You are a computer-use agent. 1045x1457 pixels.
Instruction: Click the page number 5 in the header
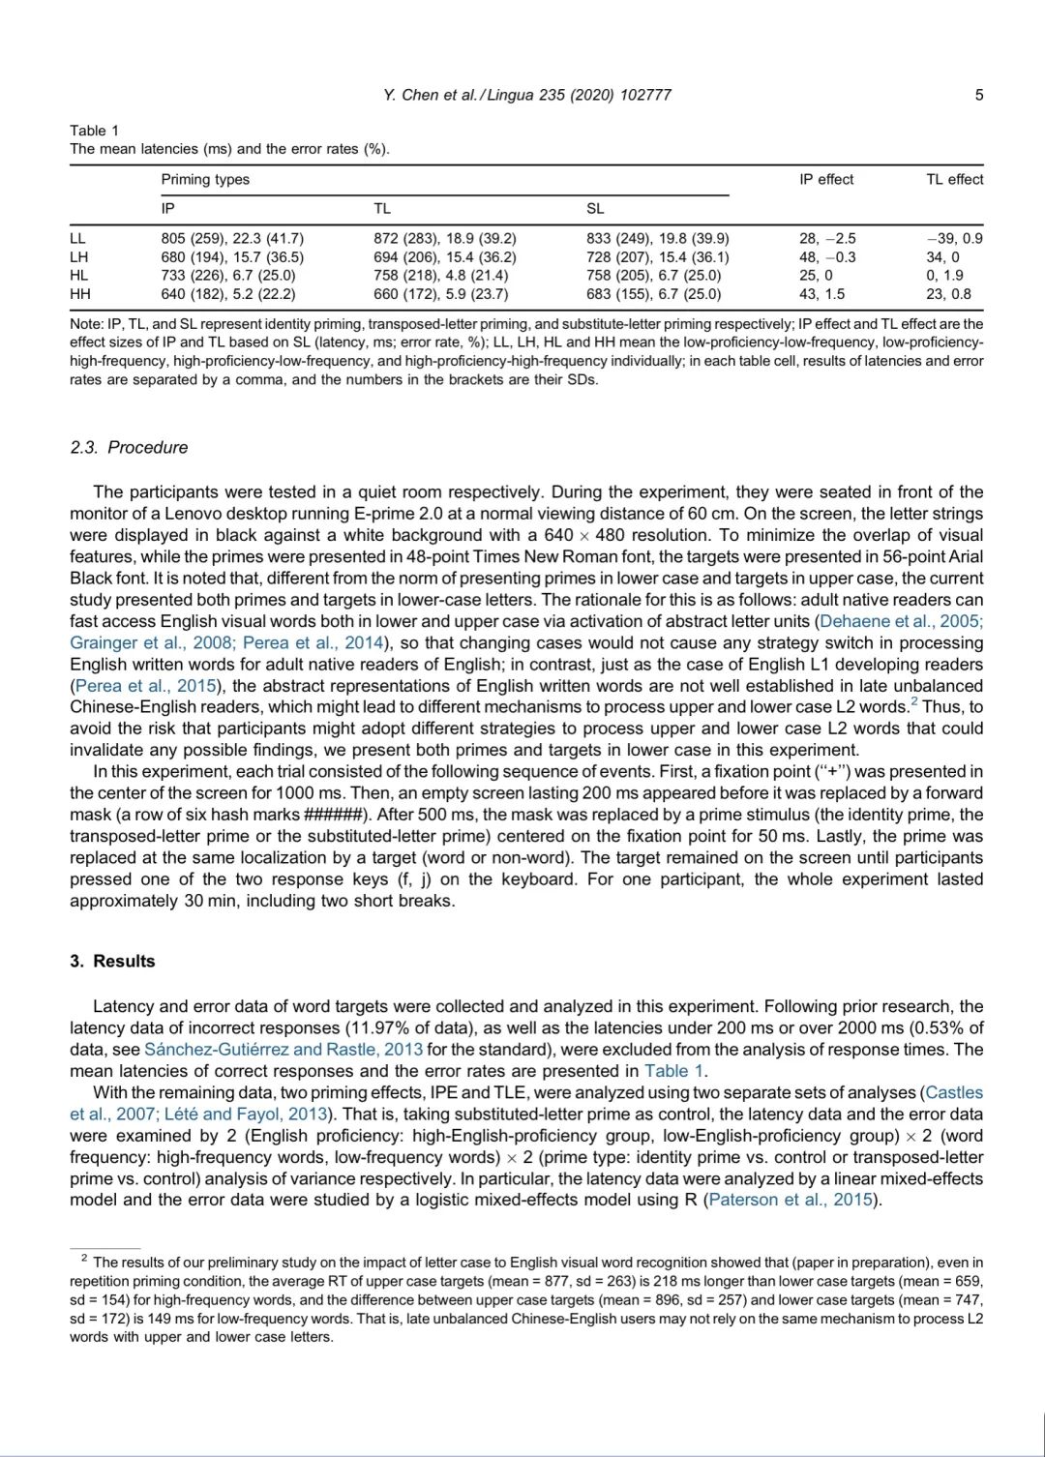(x=979, y=95)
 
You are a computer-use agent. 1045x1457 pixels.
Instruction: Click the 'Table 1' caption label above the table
(x=94, y=131)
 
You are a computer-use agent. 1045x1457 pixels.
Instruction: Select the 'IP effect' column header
(x=826, y=179)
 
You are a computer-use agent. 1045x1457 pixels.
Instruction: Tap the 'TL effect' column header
(x=954, y=179)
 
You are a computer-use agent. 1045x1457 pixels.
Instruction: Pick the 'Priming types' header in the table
(x=205, y=179)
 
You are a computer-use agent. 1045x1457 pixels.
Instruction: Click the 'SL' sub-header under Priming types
(x=595, y=208)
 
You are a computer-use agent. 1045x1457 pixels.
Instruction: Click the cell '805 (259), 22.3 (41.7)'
(x=232, y=239)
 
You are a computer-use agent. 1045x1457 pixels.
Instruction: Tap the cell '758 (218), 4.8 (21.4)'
(x=440, y=276)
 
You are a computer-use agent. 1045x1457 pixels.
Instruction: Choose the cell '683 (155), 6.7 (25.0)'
(x=653, y=294)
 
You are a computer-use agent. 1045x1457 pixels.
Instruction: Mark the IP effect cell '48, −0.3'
(x=827, y=257)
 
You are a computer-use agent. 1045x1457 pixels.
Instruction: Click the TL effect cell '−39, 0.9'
(x=954, y=239)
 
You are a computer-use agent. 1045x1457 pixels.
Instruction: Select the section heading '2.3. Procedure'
(x=129, y=447)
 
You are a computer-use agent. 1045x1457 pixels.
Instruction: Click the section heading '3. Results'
(x=112, y=961)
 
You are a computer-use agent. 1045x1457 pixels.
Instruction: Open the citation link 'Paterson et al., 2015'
(x=791, y=1200)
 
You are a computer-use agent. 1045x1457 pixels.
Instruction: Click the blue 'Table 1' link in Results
(x=674, y=1071)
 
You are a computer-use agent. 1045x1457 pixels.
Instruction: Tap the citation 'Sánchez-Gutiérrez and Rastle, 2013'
(x=284, y=1050)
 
